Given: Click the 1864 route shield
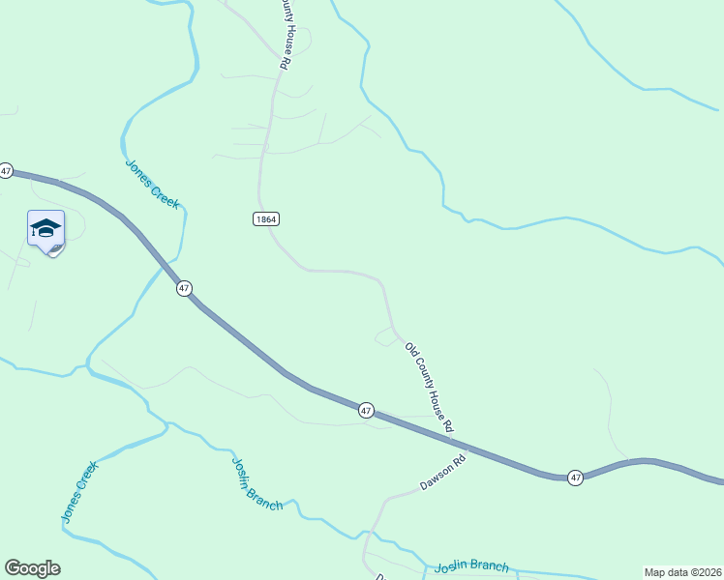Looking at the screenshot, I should pyautogui.click(x=267, y=219).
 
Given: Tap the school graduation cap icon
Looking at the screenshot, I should pyautogui.click(x=45, y=229).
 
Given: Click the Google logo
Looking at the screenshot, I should pyautogui.click(x=32, y=568).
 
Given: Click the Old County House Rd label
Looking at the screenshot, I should pyautogui.click(x=430, y=387).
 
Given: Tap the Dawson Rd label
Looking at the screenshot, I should pyautogui.click(x=443, y=472).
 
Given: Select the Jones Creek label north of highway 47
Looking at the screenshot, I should pyautogui.click(x=152, y=184).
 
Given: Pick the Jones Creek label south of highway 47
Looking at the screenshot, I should pyautogui.click(x=80, y=492).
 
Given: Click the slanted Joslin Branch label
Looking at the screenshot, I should pyautogui.click(x=256, y=482).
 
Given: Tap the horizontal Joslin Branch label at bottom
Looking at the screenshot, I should pyautogui.click(x=471, y=565).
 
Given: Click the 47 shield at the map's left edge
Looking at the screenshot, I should pyautogui.click(x=6, y=171).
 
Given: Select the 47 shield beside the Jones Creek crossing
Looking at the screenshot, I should pyautogui.click(x=185, y=288).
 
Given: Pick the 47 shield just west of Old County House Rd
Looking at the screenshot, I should pyautogui.click(x=366, y=410).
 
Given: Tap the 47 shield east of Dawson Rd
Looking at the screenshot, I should pyautogui.click(x=575, y=478).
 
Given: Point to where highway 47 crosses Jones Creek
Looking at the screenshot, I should pyautogui.click(x=165, y=265).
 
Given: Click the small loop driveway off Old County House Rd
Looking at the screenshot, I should pyautogui.click(x=385, y=336).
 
